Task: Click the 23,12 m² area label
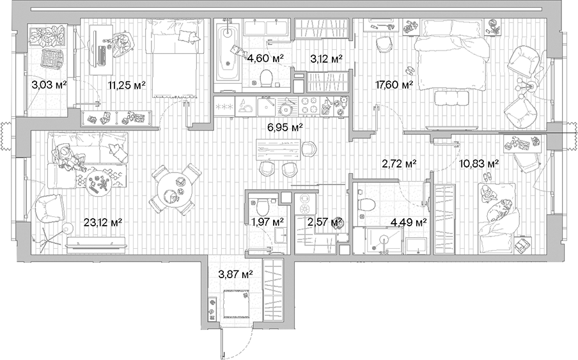click(x=103, y=223)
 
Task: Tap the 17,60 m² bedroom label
click(x=393, y=84)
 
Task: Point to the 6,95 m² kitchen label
click(x=285, y=127)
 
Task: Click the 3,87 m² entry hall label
click(x=235, y=274)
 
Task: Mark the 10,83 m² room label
click(x=479, y=164)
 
